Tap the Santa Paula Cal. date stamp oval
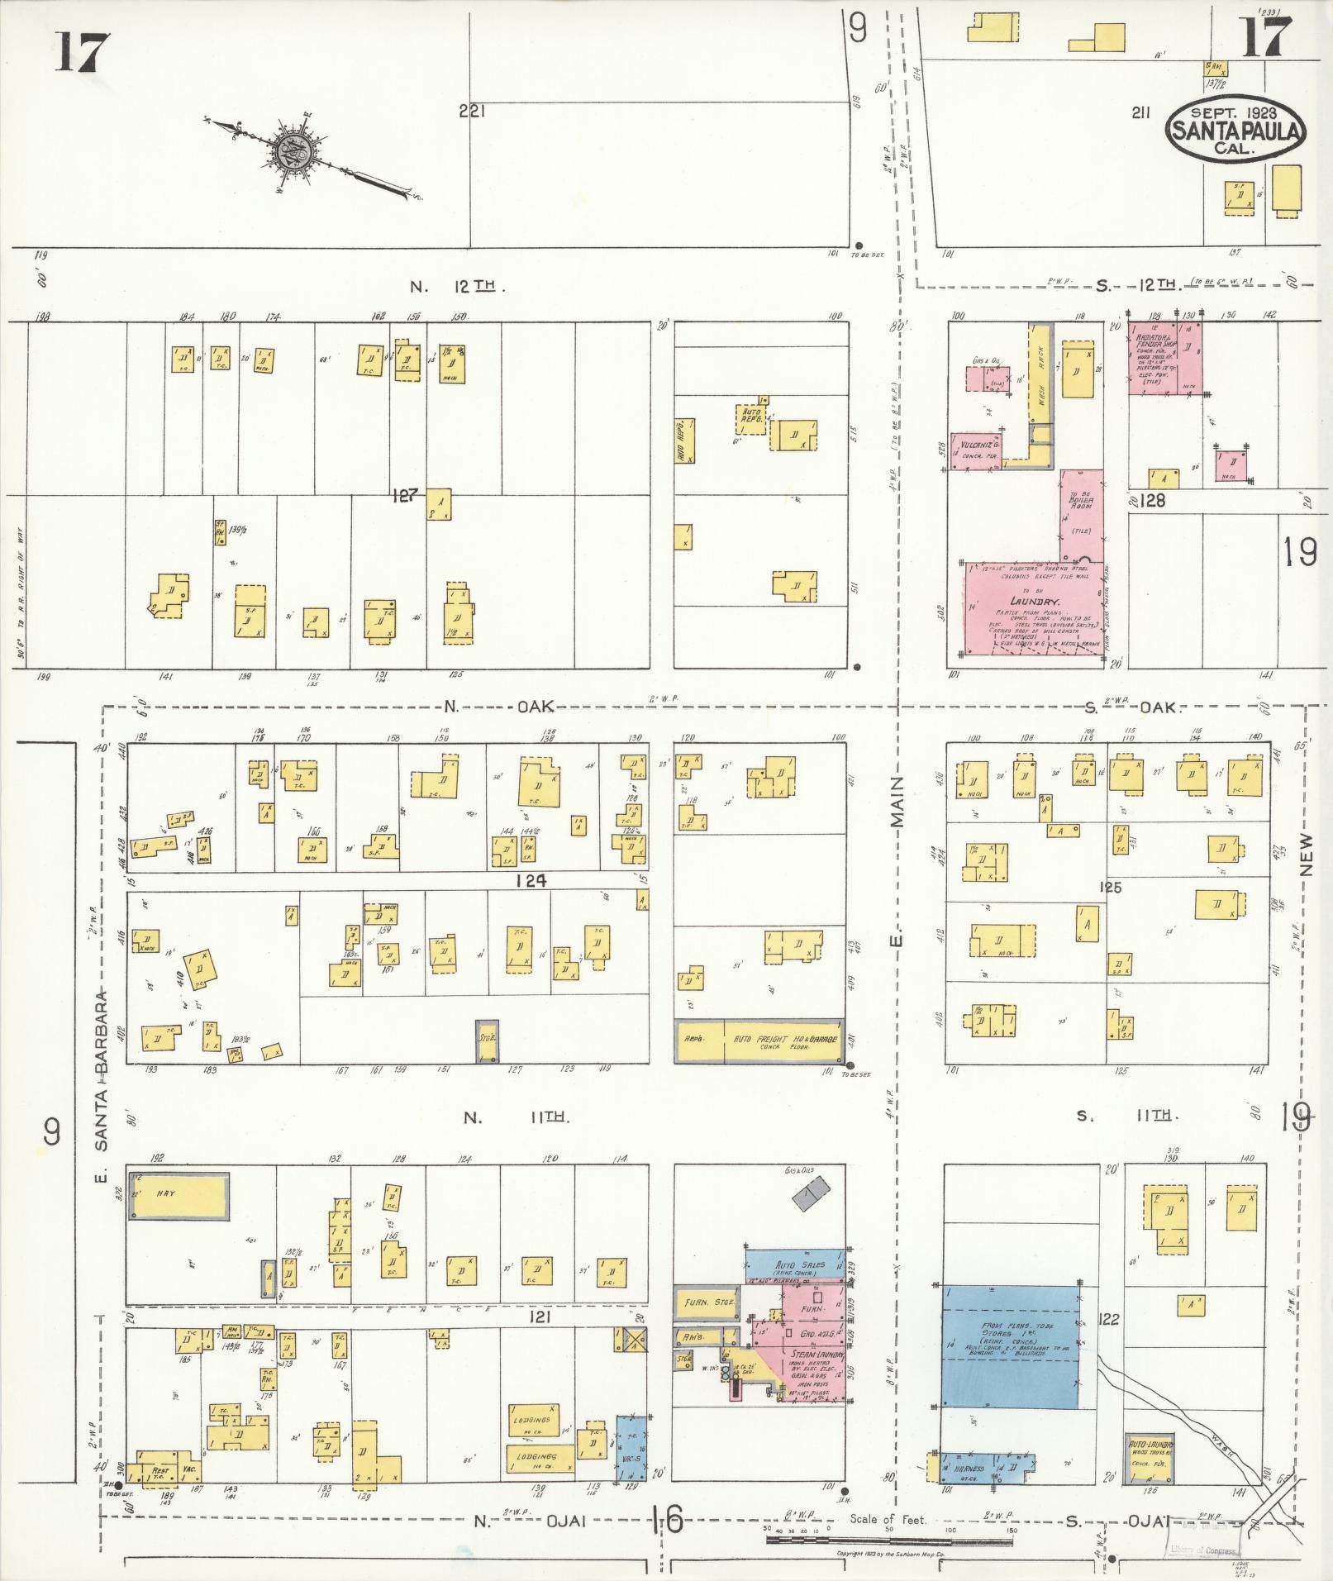click(x=1235, y=129)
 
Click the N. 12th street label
click(x=456, y=286)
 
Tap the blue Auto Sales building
click(x=795, y=1265)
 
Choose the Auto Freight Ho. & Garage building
click(x=759, y=1041)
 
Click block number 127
click(x=406, y=495)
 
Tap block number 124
click(x=530, y=881)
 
